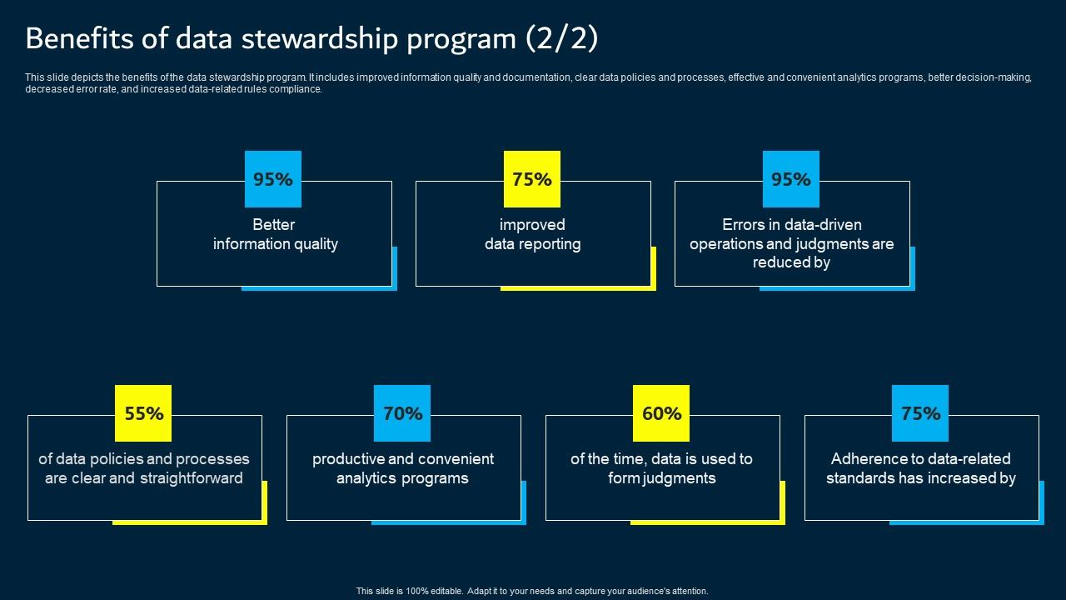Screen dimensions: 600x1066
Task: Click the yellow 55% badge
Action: click(143, 413)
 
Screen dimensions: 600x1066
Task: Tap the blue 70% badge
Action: click(402, 413)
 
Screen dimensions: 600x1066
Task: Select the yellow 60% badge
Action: click(661, 413)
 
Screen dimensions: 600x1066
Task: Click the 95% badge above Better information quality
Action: click(273, 179)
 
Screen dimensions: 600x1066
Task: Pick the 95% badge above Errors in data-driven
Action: click(791, 179)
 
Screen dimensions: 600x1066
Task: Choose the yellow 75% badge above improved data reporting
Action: click(532, 179)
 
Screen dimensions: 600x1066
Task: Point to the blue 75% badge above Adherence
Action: click(920, 413)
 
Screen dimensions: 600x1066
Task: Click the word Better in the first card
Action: click(274, 225)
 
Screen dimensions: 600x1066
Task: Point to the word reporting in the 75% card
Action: click(551, 244)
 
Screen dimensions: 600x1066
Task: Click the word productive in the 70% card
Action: click(350, 459)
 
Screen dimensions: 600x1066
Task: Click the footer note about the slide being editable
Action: click(532, 591)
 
